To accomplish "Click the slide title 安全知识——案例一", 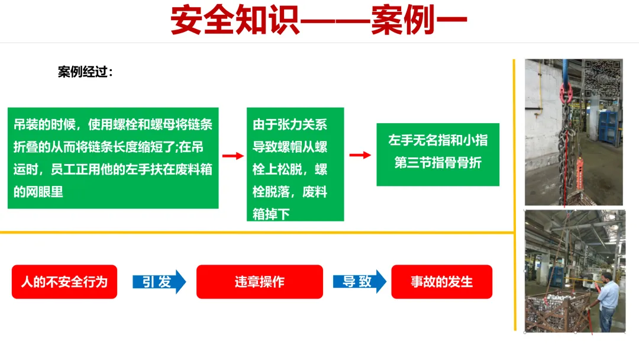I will (x=319, y=21).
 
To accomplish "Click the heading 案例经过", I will (x=85, y=72).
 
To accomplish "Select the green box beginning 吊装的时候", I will (x=113, y=158).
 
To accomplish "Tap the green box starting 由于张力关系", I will (x=295, y=164).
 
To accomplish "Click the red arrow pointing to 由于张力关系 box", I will (x=233, y=156).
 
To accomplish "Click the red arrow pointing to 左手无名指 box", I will (x=360, y=155).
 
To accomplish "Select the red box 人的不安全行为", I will (x=64, y=282).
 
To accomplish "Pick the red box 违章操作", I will (x=259, y=282).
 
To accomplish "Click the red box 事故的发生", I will (x=441, y=282).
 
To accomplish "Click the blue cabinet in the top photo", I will (x=607, y=126).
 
